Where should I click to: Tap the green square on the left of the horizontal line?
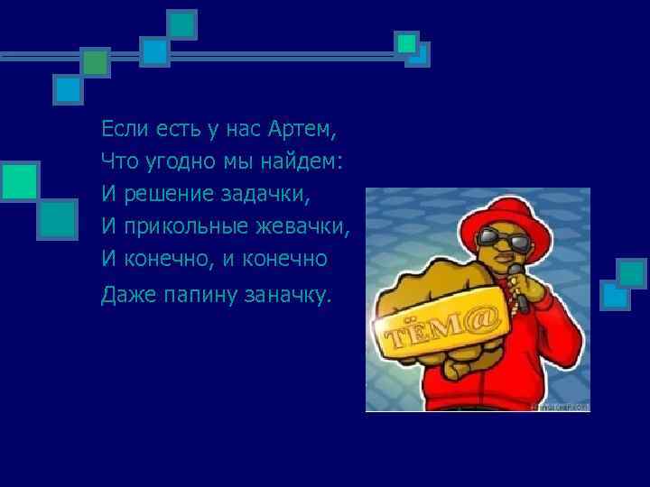[95, 62]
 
